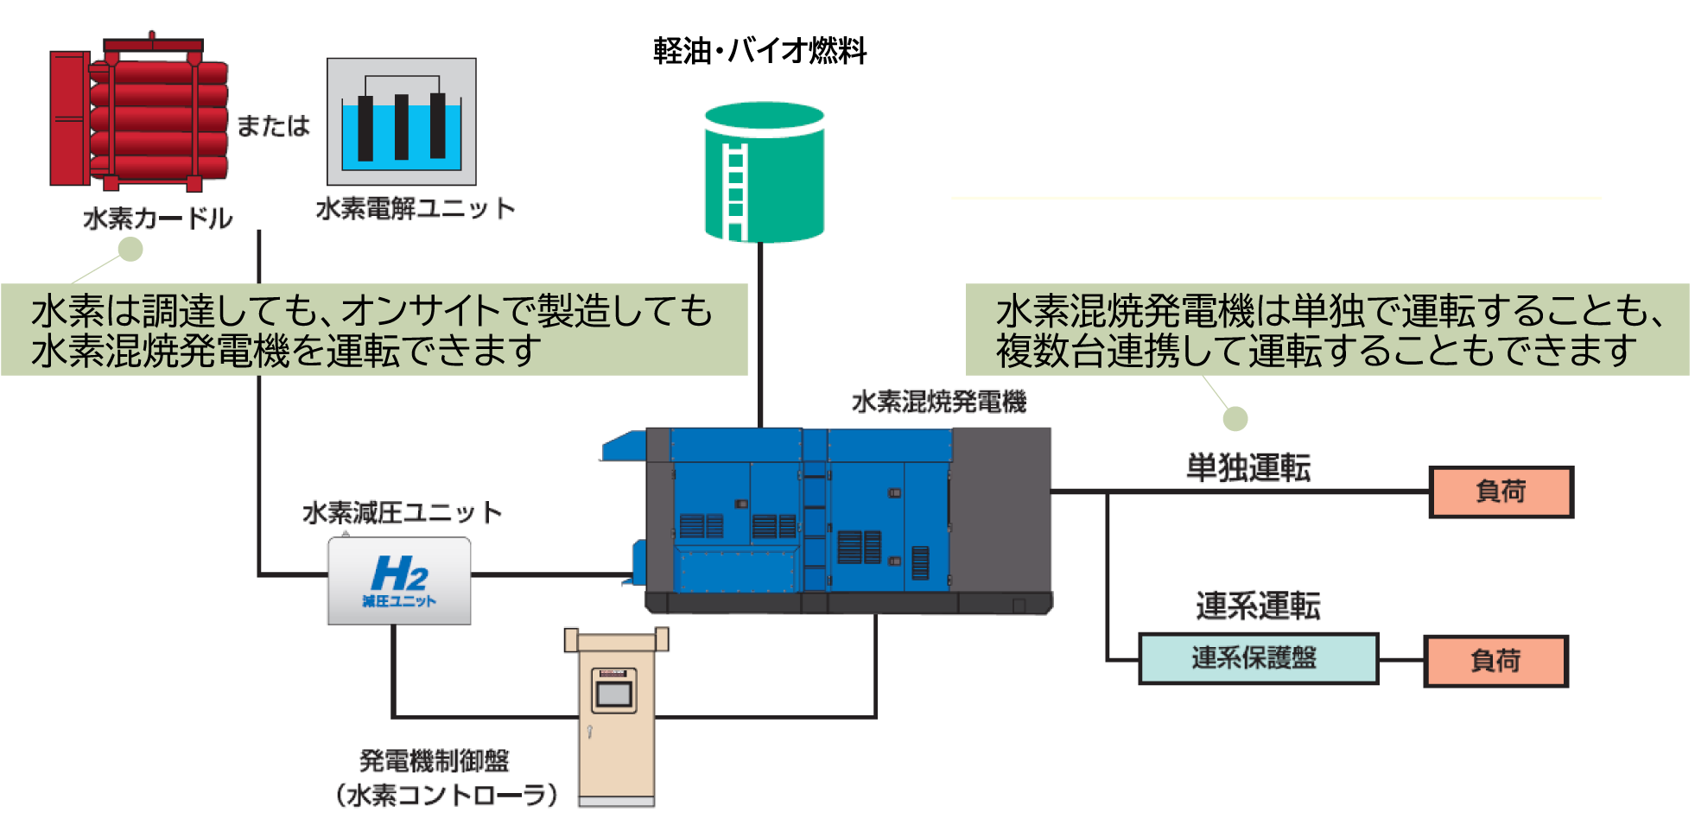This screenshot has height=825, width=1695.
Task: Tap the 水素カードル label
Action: pyautogui.click(x=158, y=219)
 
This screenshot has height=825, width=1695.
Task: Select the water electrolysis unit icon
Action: pyautogui.click(x=401, y=122)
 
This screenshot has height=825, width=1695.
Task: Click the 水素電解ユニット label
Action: pyautogui.click(x=415, y=209)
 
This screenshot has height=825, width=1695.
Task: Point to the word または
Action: pyautogui.click(x=273, y=126)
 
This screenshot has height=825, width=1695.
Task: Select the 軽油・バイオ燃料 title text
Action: pyautogui.click(x=759, y=51)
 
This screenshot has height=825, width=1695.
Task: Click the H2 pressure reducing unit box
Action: pyautogui.click(x=399, y=581)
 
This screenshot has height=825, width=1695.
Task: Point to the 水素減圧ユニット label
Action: pyautogui.click(x=402, y=513)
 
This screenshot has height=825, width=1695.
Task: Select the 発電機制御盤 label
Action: pyautogui.click(x=435, y=761)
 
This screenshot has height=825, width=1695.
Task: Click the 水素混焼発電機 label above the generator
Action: pyautogui.click(x=938, y=402)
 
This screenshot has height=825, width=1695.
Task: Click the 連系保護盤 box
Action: pyautogui.click(x=1257, y=658)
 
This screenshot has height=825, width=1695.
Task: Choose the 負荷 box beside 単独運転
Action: pyautogui.click(x=1501, y=492)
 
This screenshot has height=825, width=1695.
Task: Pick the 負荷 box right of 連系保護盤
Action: pyautogui.click(x=1495, y=662)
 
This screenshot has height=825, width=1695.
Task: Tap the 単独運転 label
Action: pyautogui.click(x=1248, y=468)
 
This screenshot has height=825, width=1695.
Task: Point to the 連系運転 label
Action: pyautogui.click(x=1258, y=606)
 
